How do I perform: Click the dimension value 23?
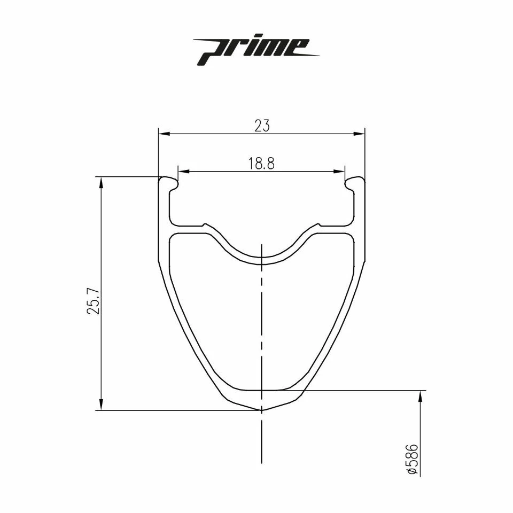(x=262, y=126)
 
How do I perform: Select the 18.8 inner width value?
(x=261, y=164)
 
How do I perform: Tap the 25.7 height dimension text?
(x=94, y=302)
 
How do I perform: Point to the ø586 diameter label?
(x=412, y=458)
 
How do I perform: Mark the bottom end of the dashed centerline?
(x=261, y=463)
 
